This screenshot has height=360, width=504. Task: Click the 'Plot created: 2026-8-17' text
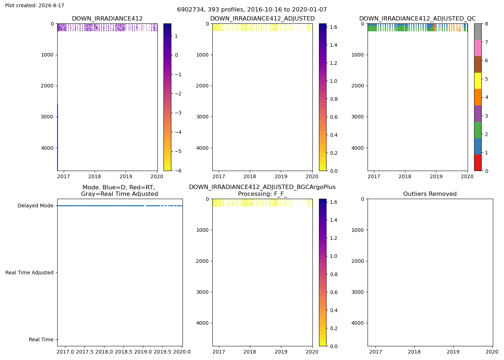click(x=35, y=5)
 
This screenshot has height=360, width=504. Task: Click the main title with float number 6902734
click(x=252, y=9)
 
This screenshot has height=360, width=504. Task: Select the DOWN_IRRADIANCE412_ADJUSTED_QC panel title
click(x=417, y=18)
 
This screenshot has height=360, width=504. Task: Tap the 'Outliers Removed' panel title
click(x=430, y=194)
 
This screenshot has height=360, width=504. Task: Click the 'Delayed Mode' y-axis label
click(x=36, y=206)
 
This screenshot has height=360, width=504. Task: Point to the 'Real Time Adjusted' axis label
click(x=30, y=273)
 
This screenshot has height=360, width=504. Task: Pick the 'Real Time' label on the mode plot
click(x=41, y=339)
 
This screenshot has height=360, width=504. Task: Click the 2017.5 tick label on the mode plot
click(x=85, y=352)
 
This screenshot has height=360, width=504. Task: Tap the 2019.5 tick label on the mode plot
click(x=162, y=352)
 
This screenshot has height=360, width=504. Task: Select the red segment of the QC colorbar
click(x=478, y=162)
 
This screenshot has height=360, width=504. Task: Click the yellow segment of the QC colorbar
click(x=478, y=81)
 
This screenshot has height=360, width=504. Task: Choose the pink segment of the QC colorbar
click(x=478, y=48)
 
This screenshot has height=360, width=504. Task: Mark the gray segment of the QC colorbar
click(x=478, y=32)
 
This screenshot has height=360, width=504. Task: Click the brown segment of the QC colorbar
click(x=478, y=64)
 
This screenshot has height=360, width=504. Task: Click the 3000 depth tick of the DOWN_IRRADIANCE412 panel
click(x=47, y=117)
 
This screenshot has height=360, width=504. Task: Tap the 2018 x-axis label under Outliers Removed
click(x=414, y=352)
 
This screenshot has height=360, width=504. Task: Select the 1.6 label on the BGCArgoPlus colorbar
click(x=333, y=202)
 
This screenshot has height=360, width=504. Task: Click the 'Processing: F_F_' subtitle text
click(x=262, y=194)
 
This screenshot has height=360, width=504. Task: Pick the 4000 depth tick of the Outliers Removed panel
click(x=357, y=323)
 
